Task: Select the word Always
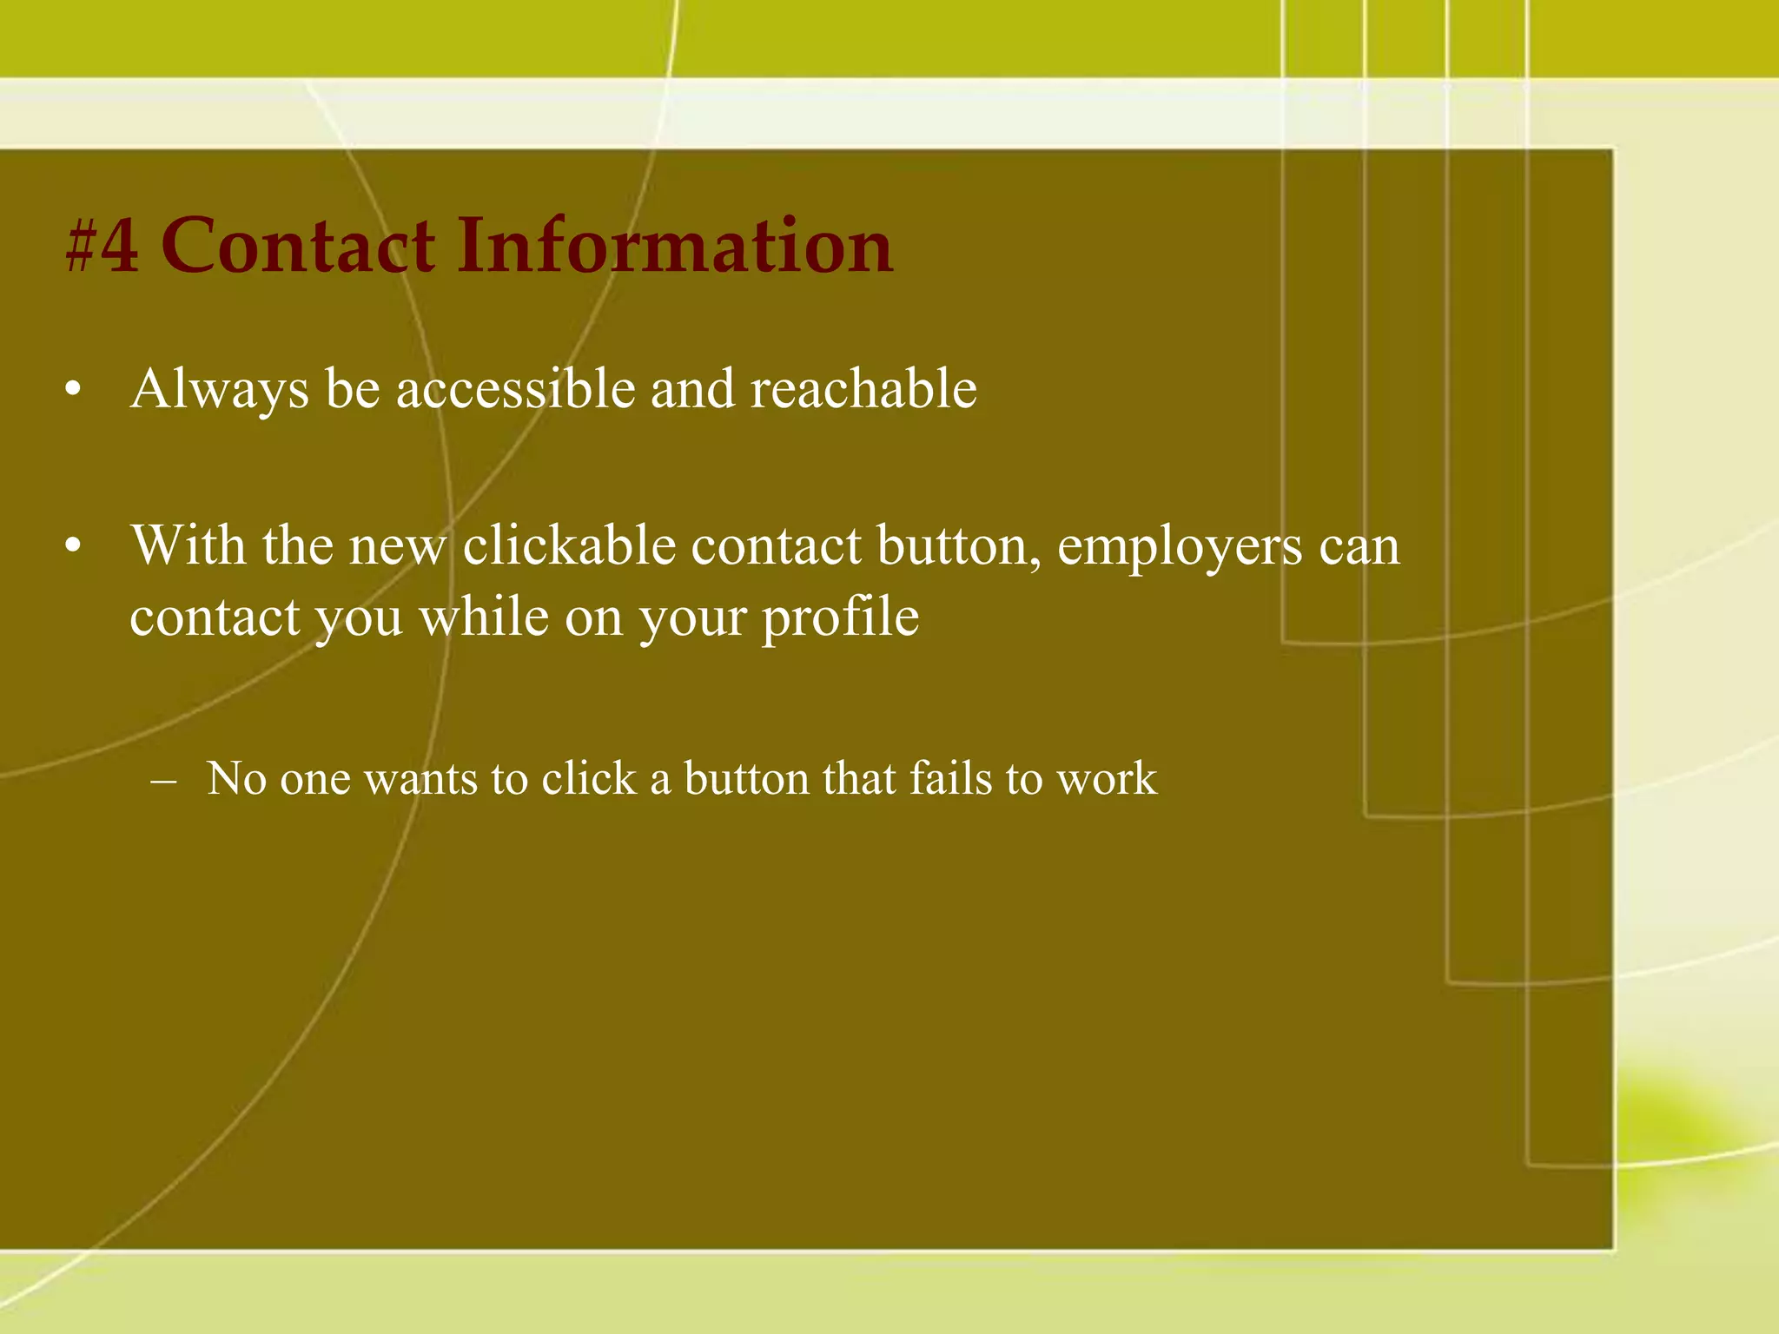coord(219,390)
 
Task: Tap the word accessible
coord(516,388)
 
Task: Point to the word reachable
coord(863,388)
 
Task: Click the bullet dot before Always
coord(73,390)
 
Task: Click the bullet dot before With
coord(73,547)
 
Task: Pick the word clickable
coord(569,546)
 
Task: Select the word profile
coord(840,618)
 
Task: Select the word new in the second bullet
coord(398,548)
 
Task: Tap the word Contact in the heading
coord(298,246)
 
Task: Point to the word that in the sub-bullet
coord(860,778)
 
